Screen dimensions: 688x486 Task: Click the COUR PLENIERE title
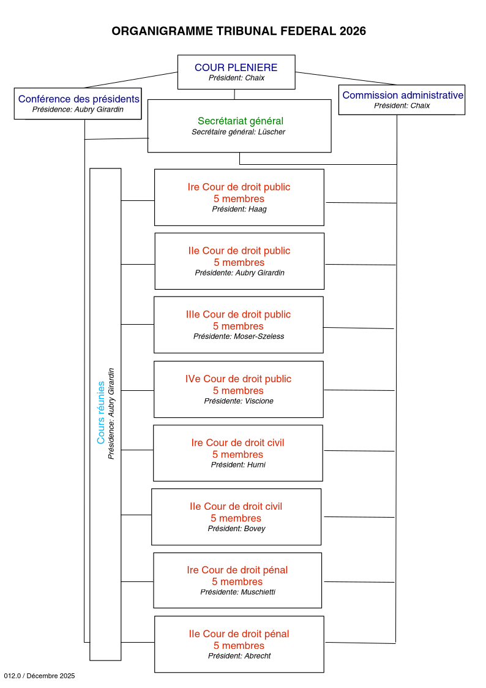236,67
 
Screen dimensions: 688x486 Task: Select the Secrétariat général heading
240,121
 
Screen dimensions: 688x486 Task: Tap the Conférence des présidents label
78,99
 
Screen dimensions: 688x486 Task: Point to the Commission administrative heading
402,95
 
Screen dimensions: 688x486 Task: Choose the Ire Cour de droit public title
239,187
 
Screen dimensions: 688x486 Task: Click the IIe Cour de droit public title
239,251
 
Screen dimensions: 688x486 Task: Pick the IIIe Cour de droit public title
238,314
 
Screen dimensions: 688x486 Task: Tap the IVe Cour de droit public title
238,379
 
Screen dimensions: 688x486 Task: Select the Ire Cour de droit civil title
237,442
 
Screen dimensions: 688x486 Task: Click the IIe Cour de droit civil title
236,506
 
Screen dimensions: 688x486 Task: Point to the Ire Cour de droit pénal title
237,570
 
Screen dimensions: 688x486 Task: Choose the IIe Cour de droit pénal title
239,633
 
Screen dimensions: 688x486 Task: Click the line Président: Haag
239,209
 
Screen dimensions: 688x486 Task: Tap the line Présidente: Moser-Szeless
238,336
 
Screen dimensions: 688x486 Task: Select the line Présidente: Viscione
238,401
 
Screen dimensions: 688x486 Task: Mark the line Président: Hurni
237,464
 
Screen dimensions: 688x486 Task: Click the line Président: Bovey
236,528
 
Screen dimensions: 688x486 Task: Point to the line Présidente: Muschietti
237,592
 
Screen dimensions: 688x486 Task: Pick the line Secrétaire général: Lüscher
238,132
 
